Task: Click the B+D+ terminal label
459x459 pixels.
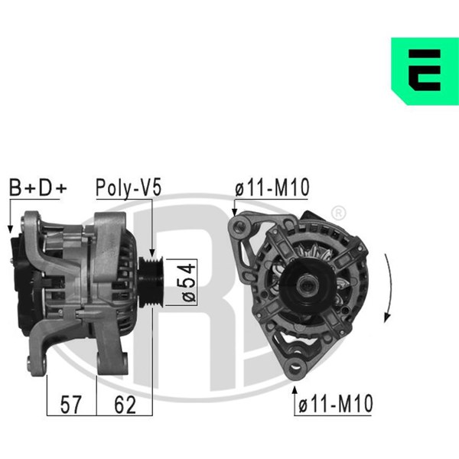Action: [38, 187]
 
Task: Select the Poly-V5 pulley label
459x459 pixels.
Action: [129, 187]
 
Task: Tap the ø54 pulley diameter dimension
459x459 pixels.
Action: [188, 282]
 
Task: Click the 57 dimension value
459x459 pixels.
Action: [70, 405]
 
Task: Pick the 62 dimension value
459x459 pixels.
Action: [125, 405]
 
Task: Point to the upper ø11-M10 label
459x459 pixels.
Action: [272, 187]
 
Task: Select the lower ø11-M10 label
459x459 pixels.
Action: [336, 404]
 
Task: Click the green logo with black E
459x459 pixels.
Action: [425, 71]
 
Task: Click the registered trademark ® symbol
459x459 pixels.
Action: [338, 213]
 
